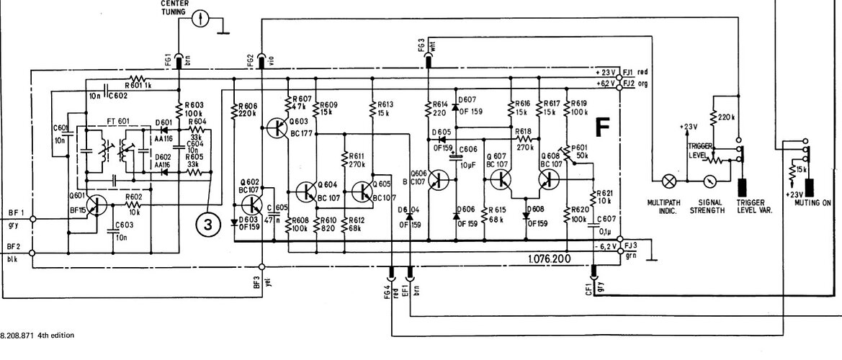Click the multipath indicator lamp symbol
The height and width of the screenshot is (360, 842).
coord(669,181)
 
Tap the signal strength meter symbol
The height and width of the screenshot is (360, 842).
coord(711,181)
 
